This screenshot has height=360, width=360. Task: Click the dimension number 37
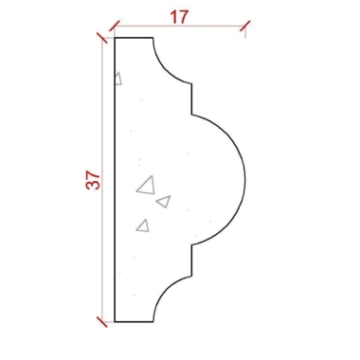(x=93, y=180)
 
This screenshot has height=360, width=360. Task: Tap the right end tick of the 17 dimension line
(x=245, y=26)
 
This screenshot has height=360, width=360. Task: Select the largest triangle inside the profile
(x=146, y=185)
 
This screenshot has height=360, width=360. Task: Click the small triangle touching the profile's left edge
(x=117, y=80)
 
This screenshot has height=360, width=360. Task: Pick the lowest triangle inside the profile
(x=143, y=225)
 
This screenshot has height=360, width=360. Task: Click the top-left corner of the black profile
(x=115, y=38)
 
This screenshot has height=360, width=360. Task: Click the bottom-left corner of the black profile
(x=115, y=321)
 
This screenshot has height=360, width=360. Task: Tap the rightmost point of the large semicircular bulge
(x=245, y=180)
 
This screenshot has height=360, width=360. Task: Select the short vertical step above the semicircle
(x=192, y=99)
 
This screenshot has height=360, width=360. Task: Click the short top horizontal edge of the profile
(x=134, y=38)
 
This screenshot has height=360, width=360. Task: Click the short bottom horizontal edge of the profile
(x=134, y=321)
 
